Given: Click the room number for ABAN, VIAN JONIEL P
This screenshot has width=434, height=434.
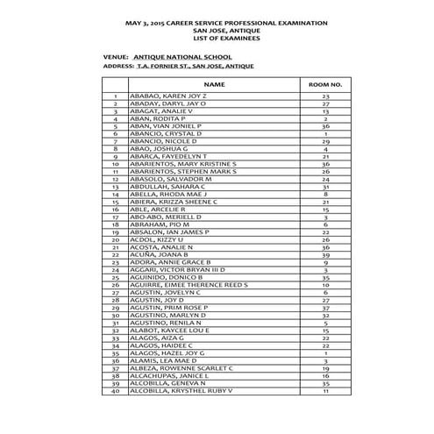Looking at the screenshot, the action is point(325,125).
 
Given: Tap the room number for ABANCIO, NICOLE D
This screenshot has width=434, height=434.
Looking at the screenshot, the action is point(325,141).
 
